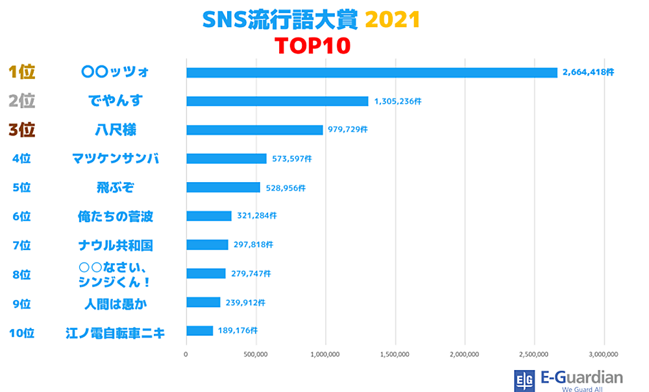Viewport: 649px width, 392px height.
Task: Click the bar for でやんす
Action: coord(277,101)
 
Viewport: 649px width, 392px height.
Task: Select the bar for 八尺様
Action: coord(254,130)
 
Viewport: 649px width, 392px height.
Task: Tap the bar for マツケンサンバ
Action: coord(227,159)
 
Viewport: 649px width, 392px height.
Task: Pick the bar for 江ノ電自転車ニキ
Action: coord(199,331)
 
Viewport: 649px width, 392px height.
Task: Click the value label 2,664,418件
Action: coord(588,73)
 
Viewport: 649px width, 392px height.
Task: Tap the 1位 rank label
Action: coord(21,72)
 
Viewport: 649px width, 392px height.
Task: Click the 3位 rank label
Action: coord(21,130)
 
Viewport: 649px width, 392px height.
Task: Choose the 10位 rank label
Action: coord(21,334)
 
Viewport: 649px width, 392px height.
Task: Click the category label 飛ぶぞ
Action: coord(115,187)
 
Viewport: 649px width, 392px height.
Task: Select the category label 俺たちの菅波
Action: coord(115,216)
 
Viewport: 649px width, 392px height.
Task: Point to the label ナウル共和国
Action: coord(115,246)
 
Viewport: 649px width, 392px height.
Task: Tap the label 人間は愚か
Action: coord(115,303)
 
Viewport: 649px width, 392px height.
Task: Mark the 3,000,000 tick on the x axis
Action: coord(604,354)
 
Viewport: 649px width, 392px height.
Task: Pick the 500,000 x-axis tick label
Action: coord(256,354)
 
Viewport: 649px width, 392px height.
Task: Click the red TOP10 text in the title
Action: coord(312,46)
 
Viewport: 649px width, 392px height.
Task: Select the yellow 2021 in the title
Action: coord(393,20)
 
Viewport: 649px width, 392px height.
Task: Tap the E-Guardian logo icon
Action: coord(524,380)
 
